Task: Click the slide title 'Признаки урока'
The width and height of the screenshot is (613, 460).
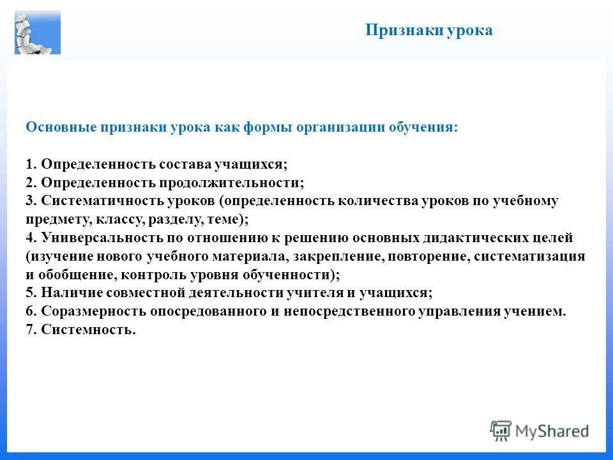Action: pos(428,31)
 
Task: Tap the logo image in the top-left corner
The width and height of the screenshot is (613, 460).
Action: pos(38,32)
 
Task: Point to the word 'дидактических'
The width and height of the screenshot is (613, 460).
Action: pos(469,238)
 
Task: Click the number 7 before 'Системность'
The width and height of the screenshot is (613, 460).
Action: pos(30,330)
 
